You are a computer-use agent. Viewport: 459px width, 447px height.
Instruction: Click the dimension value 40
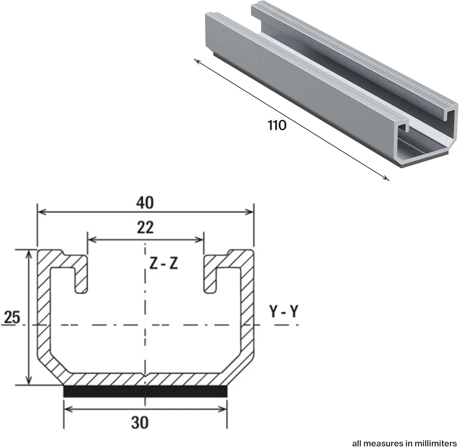[x=144, y=203]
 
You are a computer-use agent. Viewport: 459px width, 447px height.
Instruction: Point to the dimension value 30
[x=140, y=422]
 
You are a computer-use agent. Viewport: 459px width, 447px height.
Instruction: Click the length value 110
[x=277, y=126]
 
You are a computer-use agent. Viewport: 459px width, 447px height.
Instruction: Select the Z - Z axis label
[x=164, y=264]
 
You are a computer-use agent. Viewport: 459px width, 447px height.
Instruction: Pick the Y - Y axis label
[x=284, y=312]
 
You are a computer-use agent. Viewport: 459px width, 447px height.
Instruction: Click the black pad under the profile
[x=145, y=391]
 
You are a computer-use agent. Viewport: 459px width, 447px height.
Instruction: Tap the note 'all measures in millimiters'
[x=404, y=442]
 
